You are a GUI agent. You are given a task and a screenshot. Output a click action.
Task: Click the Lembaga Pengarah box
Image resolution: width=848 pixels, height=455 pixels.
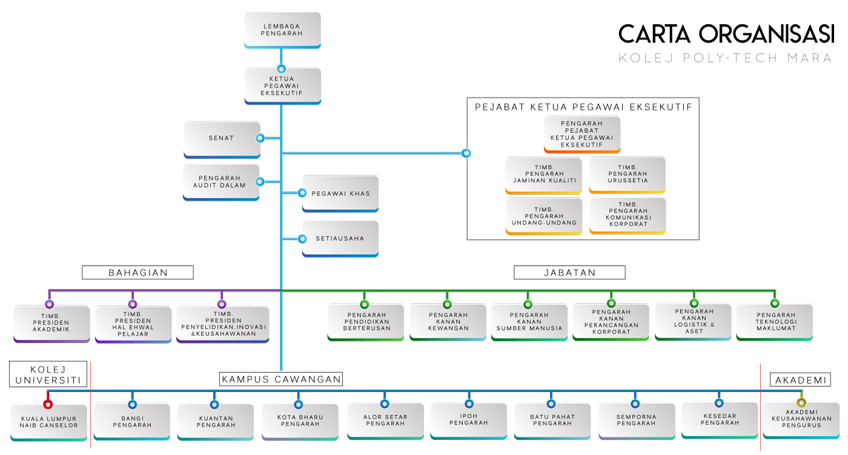[282, 30]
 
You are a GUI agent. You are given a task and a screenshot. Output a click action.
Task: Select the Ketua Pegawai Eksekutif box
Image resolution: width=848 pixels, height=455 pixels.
[282, 85]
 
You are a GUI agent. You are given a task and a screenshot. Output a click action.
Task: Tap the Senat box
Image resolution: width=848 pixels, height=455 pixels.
[222, 139]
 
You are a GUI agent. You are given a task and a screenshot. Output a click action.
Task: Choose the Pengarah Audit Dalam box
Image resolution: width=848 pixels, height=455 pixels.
[222, 182]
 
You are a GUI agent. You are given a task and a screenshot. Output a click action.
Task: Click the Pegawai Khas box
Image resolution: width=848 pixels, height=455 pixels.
[340, 193]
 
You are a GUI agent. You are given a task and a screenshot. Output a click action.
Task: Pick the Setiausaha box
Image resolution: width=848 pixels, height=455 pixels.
[340, 238]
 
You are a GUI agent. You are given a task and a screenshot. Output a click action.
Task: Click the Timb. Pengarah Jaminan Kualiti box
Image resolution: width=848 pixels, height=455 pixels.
[544, 174]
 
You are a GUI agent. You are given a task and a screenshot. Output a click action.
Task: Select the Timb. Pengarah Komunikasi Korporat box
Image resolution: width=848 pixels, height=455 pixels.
[628, 215]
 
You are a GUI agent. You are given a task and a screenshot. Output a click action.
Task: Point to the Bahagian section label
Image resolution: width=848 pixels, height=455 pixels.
[137, 272]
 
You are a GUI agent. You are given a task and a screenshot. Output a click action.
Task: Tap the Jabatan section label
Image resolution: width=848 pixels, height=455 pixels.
[569, 272]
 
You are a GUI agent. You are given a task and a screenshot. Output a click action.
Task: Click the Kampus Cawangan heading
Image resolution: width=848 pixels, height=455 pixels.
[281, 379]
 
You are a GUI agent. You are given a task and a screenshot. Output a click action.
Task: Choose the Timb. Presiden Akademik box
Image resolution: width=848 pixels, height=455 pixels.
[51, 323]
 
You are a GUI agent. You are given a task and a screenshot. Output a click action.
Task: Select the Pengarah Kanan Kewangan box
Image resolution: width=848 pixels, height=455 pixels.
[448, 321]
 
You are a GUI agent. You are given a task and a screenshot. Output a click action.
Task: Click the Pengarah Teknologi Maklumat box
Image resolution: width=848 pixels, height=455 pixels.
[775, 321]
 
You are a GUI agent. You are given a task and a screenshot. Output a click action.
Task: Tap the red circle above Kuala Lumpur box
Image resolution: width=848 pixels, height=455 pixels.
[48, 404]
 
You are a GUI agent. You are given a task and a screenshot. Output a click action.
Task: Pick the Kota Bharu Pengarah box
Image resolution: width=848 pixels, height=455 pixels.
[300, 421]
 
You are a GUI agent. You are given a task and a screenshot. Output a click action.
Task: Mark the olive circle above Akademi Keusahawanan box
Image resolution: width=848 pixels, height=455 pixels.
[801, 403]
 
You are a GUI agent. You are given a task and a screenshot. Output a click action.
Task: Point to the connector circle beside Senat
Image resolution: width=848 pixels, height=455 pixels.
[260, 138]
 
